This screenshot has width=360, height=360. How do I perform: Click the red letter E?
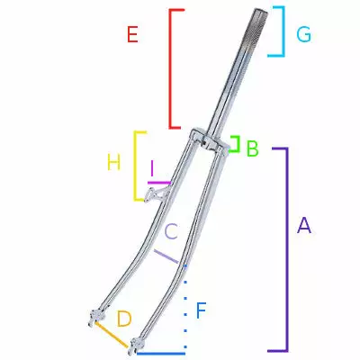pos(132,35)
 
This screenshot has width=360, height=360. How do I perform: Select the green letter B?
pos(252,148)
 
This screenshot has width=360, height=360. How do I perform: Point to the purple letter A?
pos(304,226)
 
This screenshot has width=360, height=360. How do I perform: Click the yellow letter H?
pos(113,162)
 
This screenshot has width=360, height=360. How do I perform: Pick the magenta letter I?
pos(155,168)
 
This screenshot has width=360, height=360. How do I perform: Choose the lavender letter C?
pos(171,231)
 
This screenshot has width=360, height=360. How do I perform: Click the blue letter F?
pos(201,311)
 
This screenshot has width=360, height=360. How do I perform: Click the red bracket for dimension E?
pos(170,67)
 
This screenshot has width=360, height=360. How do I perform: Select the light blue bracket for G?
pos(283,31)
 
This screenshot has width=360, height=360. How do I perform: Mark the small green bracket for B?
pos(237,145)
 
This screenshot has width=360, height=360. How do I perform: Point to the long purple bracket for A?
pos(287,249)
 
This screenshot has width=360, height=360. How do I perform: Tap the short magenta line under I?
pos(157,182)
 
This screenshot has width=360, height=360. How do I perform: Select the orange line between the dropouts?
pos(112,336)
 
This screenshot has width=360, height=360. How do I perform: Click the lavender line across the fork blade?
pos(166,256)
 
